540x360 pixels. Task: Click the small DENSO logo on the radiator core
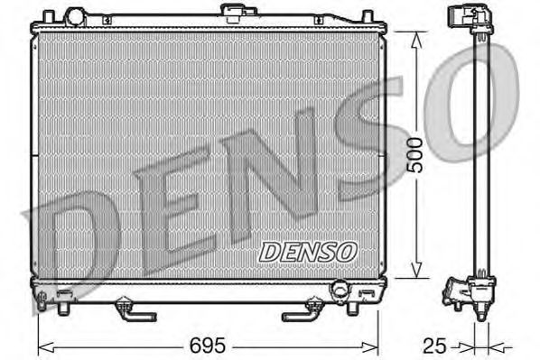[x=309, y=250]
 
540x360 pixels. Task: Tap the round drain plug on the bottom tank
[x=339, y=291]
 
